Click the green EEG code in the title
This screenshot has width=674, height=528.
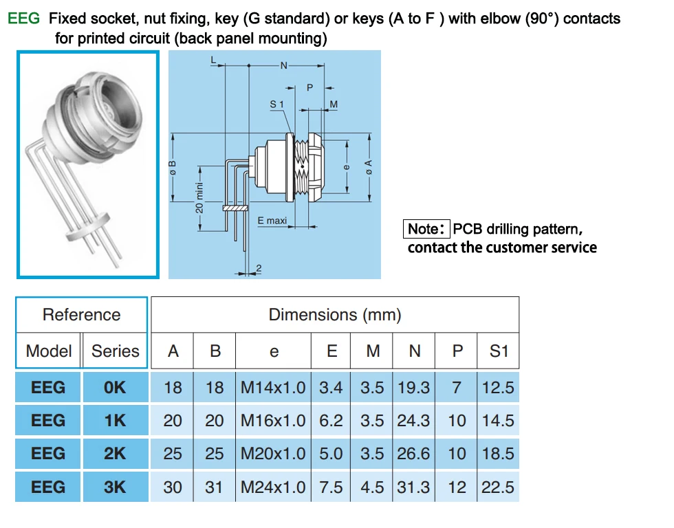(23, 19)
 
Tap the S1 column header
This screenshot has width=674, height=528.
(499, 351)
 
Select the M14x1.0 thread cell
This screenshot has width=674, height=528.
(273, 388)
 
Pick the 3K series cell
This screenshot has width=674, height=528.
(115, 487)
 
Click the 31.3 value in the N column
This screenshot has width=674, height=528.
(413, 487)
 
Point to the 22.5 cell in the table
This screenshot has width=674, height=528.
(498, 487)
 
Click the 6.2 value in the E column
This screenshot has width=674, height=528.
(331, 421)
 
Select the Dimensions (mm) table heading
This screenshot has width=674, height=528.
(335, 314)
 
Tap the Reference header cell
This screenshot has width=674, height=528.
(82, 314)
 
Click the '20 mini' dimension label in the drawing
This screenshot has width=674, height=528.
(199, 197)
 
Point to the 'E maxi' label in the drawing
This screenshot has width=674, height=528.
(272, 221)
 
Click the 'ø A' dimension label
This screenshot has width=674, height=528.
(369, 167)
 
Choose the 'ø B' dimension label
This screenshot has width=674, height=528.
(173, 168)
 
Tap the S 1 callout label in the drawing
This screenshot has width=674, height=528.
(276, 104)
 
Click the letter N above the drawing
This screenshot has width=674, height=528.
(283, 66)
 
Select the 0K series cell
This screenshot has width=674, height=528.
(115, 388)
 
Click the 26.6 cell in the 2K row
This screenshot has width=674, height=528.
(413, 454)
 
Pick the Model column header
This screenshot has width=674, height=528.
(49, 351)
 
